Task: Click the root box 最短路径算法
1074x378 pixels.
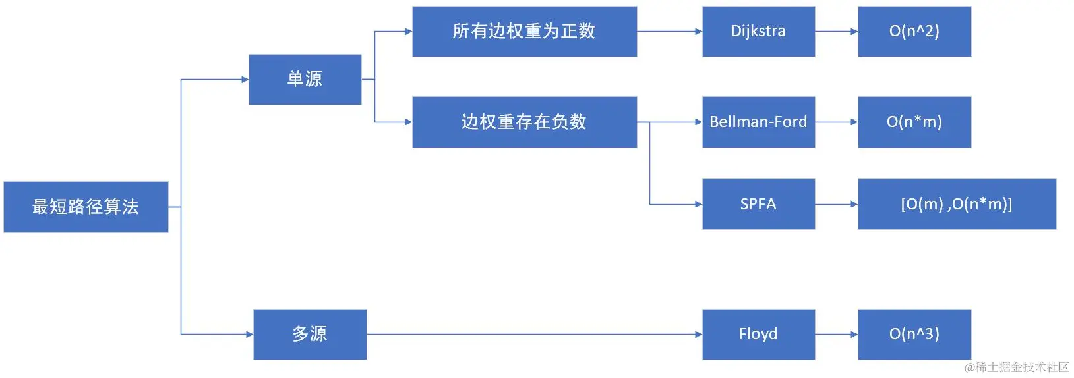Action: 86,207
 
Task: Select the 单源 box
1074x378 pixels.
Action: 305,80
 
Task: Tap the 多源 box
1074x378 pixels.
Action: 309,335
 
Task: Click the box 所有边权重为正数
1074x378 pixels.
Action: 524,32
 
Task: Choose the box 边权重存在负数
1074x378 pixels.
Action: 524,122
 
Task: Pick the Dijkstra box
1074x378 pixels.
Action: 758,32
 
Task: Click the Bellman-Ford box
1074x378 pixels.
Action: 758,122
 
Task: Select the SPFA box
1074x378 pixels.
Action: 758,204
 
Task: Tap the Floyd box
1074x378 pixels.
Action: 758,335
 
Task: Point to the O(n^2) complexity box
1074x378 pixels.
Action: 914,32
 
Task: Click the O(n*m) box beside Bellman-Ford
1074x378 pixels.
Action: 914,122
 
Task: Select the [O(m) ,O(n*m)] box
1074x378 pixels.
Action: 956,204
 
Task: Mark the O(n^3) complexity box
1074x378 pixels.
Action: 914,335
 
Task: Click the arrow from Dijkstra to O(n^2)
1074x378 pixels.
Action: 836,32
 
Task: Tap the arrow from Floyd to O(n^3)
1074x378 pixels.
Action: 836,335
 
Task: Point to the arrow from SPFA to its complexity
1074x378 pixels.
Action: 836,204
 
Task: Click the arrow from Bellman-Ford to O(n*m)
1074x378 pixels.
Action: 836,122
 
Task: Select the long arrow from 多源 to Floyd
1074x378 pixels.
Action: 534,335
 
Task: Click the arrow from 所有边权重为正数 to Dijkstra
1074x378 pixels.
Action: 669,32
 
